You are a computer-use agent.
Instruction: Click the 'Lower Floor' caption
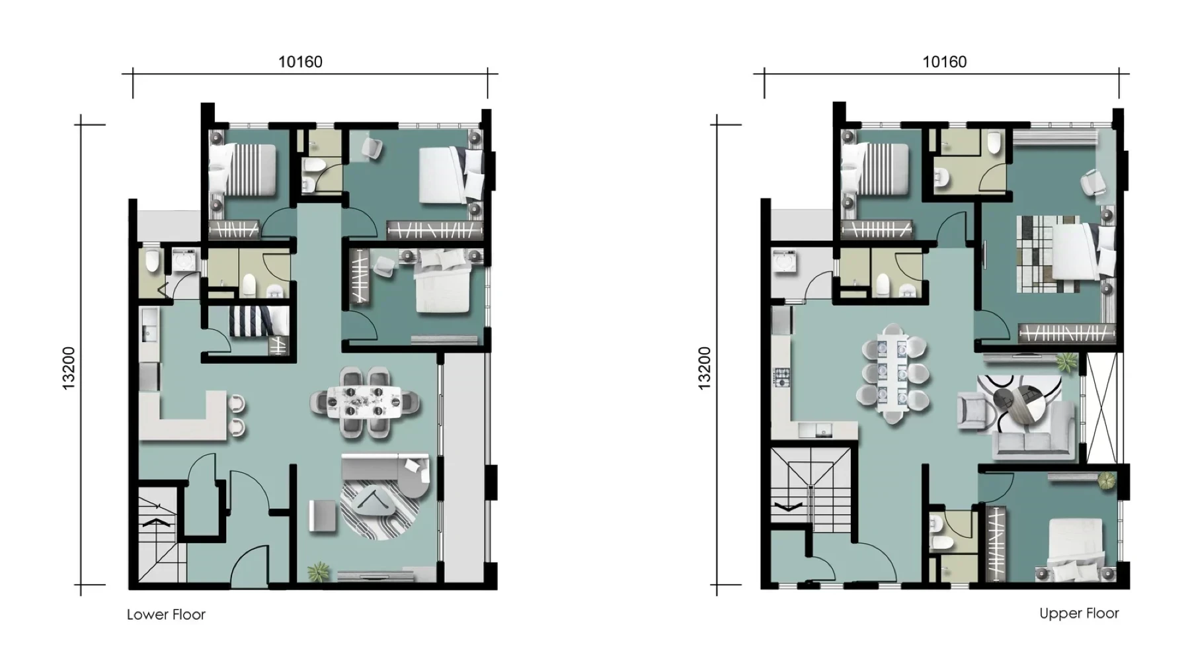click(166, 615)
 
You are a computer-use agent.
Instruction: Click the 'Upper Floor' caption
click(1079, 613)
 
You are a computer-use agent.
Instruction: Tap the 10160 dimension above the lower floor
click(300, 62)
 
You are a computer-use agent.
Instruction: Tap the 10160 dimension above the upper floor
click(945, 62)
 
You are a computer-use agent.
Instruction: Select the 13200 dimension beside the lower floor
click(69, 368)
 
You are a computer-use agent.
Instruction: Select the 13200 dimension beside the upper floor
click(705, 368)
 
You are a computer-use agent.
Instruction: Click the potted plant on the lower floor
click(319, 572)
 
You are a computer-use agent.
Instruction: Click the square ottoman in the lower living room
click(323, 515)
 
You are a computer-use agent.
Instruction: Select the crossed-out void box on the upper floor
click(1101, 408)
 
